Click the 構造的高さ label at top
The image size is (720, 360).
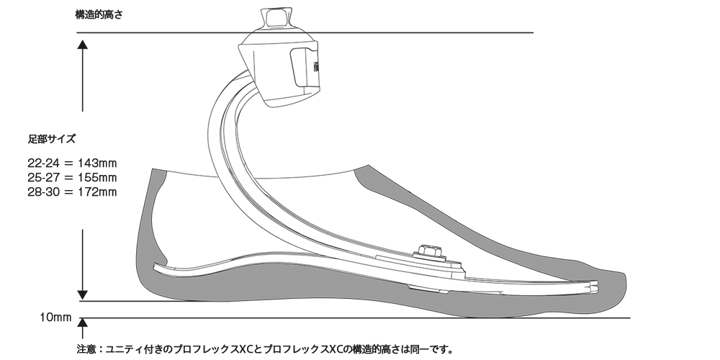tap(99, 14)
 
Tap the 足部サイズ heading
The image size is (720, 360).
tap(51, 139)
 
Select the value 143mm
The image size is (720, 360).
tap(97, 163)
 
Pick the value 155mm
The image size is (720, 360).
tap(97, 177)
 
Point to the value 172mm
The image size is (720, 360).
tap(97, 192)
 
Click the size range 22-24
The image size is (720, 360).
tap(44, 163)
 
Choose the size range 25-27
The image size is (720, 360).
tap(44, 177)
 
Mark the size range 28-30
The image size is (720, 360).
tap(44, 192)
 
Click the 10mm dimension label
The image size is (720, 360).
tap(55, 318)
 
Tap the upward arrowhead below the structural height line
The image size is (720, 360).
tap(82, 45)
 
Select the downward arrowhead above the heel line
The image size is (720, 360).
tap(82, 294)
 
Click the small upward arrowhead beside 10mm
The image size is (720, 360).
tap(82, 323)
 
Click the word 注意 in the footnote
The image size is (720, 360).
tap(86, 349)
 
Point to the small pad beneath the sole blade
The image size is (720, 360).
tap(428, 289)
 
